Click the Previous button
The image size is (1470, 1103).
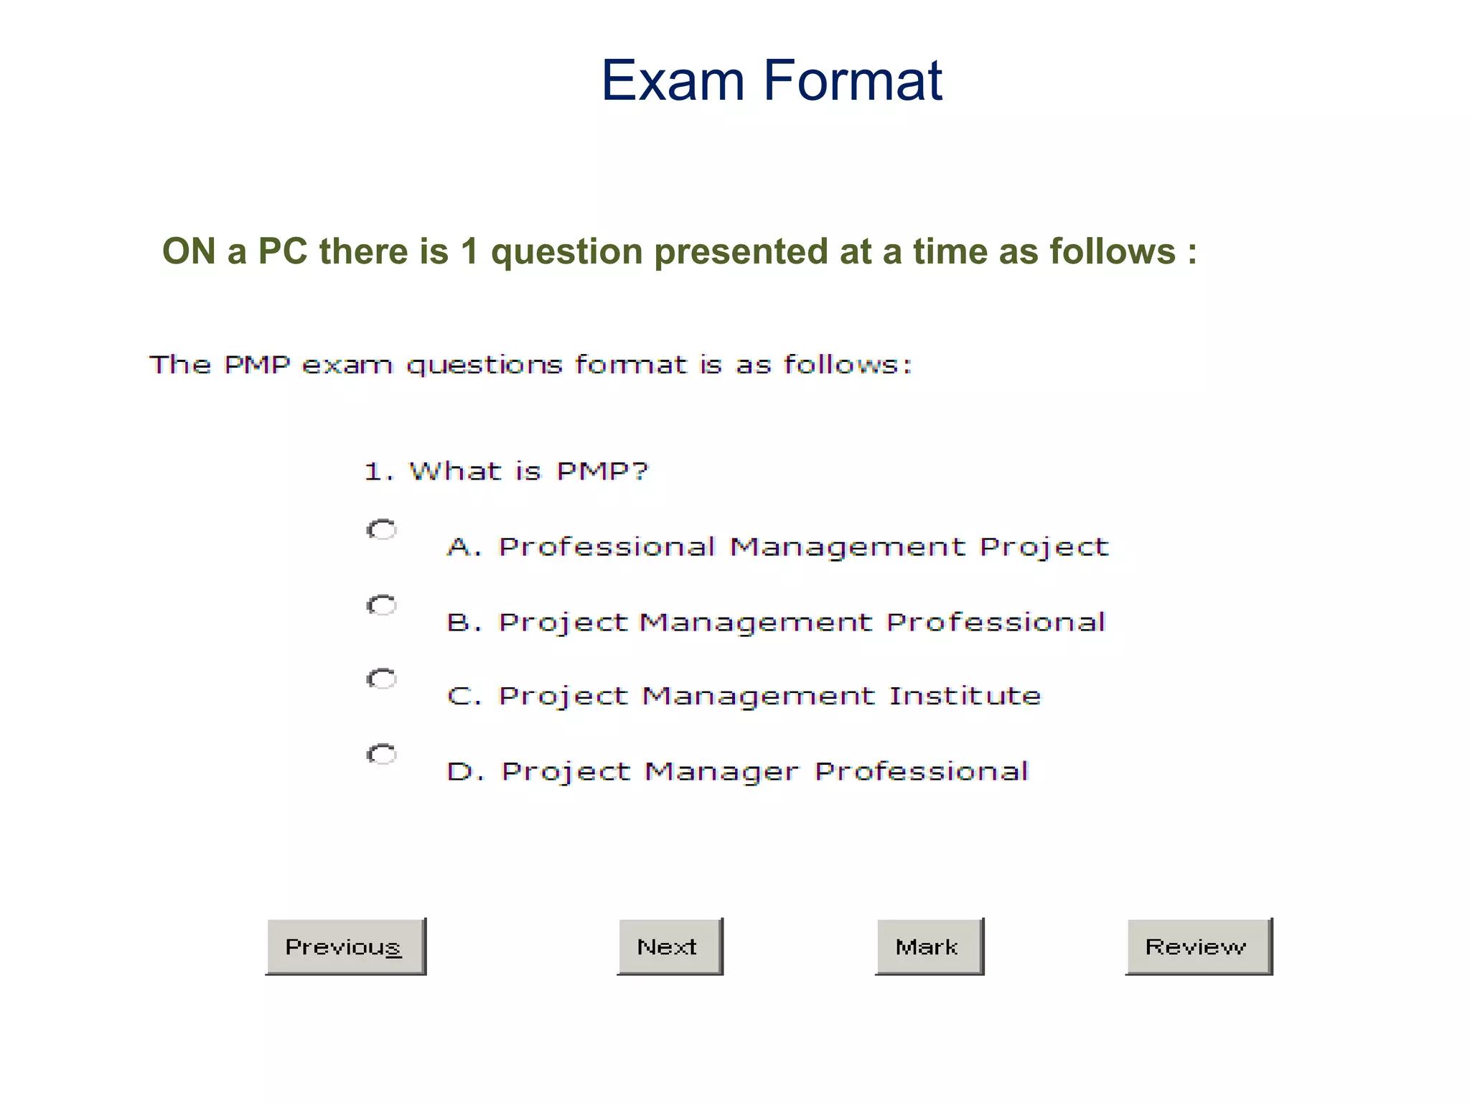pyautogui.click(x=345, y=946)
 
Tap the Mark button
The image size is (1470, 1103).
pyautogui.click(x=929, y=946)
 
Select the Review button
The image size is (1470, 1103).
pyautogui.click(x=1198, y=946)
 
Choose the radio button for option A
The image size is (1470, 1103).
pyautogui.click(x=382, y=530)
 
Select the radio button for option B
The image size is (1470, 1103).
pyautogui.click(x=382, y=605)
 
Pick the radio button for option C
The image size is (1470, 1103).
pyautogui.click(x=382, y=679)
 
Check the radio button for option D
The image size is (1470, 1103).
pyautogui.click(x=382, y=754)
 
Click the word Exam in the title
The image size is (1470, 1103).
pyautogui.click(x=673, y=80)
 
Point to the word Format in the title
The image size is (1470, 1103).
pyautogui.click(x=853, y=80)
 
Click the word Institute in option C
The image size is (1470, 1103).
pyautogui.click(x=965, y=696)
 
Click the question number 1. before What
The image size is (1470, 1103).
pyautogui.click(x=378, y=472)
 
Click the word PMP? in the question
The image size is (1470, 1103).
pyautogui.click(x=602, y=472)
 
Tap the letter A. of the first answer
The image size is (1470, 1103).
pyautogui.click(x=463, y=547)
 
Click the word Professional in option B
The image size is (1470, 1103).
pyautogui.click(x=996, y=622)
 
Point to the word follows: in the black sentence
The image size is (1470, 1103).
pyautogui.click(x=848, y=365)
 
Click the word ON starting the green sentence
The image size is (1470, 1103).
pyautogui.click(x=189, y=251)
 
